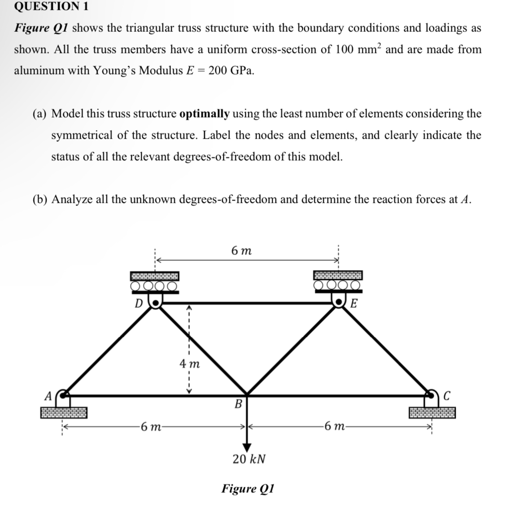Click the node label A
pyautogui.click(x=47, y=396)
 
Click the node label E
pyautogui.click(x=354, y=304)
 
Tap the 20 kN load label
pyautogui.click(x=249, y=459)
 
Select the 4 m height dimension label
pyautogui.click(x=189, y=364)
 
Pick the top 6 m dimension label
pyautogui.click(x=242, y=251)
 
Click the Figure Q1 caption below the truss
pyautogui.click(x=248, y=488)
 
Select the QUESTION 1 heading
pyautogui.click(x=45, y=6)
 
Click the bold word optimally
pyautogui.click(x=204, y=114)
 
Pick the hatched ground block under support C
pyautogui.click(x=432, y=412)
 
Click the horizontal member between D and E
pyautogui.click(x=247, y=304)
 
